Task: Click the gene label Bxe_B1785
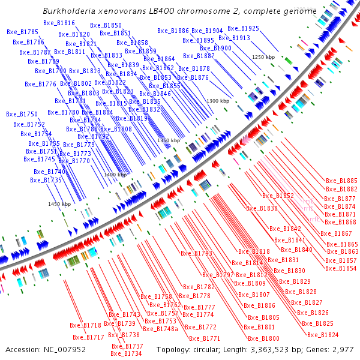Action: [x=23, y=32]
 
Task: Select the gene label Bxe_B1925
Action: [x=243, y=28]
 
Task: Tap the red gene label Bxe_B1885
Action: [x=341, y=181]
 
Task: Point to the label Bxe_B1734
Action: [x=126, y=354]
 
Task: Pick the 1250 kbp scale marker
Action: [x=262, y=57]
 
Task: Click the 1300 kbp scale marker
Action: [x=218, y=101]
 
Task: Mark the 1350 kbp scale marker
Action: [x=169, y=140]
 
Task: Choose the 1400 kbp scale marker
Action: [x=115, y=175]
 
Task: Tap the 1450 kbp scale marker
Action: [x=59, y=204]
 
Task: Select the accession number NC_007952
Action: [x=62, y=349]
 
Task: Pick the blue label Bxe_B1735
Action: [x=46, y=180]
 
